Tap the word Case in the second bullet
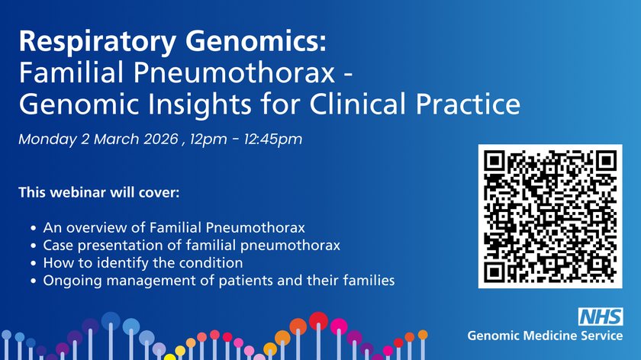(58, 246)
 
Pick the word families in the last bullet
(369, 281)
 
